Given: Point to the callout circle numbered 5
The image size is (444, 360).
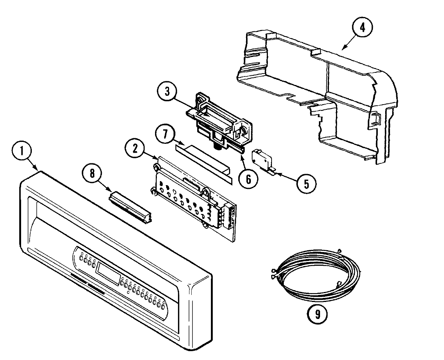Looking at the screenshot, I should click(306, 182).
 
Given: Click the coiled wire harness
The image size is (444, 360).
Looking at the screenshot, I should click(314, 274).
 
